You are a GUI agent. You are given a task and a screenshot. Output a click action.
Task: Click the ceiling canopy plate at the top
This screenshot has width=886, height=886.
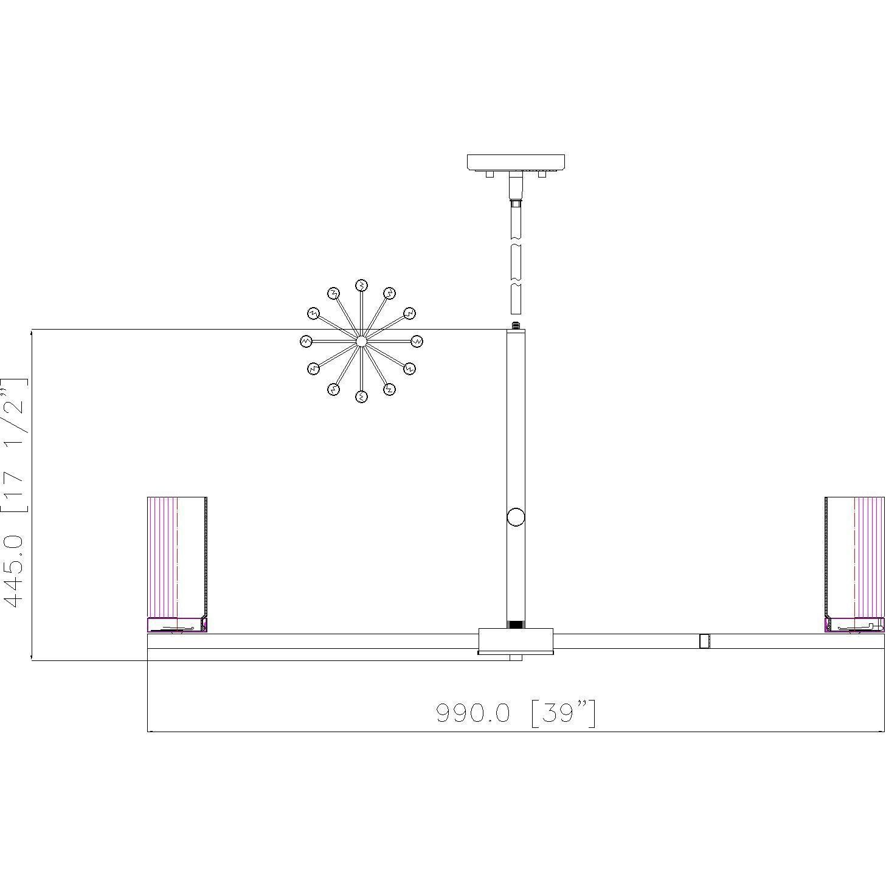click(x=516, y=162)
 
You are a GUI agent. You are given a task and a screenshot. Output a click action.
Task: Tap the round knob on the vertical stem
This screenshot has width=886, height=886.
click(x=516, y=517)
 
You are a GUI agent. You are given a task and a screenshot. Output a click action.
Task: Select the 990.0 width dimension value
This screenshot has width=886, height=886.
click(x=473, y=713)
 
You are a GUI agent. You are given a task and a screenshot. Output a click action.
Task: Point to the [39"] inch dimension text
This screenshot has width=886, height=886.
click(x=563, y=713)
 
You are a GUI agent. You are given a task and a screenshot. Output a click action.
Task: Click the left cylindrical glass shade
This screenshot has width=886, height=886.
click(x=177, y=556)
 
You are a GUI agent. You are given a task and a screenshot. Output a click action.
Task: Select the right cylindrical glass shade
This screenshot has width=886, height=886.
click(x=854, y=556)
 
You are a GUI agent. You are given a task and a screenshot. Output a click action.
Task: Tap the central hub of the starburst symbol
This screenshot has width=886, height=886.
click(x=361, y=341)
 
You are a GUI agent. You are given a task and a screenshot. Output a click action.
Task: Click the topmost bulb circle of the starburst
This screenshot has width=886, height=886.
click(x=361, y=285)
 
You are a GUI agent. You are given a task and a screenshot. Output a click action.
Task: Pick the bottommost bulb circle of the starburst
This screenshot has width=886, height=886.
click(x=361, y=397)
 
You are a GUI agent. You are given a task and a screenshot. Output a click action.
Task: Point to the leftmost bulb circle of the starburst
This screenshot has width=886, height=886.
click(x=306, y=341)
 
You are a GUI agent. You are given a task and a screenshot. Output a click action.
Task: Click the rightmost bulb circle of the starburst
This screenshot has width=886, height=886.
click(x=417, y=341)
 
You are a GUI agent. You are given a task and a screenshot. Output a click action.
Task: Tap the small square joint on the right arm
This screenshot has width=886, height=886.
click(x=704, y=641)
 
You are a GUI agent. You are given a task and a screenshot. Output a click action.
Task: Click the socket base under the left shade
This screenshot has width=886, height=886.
click(x=177, y=625)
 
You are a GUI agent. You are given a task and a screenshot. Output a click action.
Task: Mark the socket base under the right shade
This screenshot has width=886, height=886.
click(x=854, y=625)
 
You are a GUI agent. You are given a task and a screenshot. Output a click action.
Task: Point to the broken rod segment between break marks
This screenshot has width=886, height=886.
click(x=516, y=265)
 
